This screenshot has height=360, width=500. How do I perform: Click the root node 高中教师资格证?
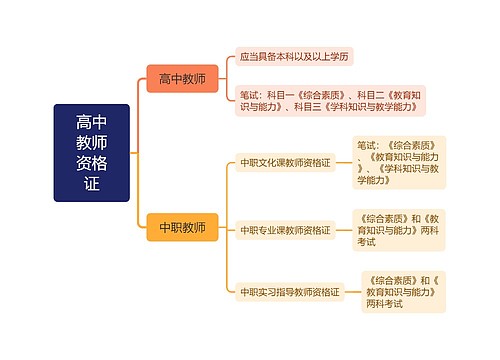[92, 152]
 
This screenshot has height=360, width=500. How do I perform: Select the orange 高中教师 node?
[181, 78]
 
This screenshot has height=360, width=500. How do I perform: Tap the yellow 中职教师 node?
[181, 227]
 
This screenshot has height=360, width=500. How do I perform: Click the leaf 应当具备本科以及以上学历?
[295, 57]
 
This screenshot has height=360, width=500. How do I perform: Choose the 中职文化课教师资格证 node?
[284, 161]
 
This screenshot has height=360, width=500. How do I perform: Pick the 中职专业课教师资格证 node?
[284, 229]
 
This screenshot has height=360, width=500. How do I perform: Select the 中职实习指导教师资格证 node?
[289, 292]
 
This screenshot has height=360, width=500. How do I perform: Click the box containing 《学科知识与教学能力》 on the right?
[399, 161]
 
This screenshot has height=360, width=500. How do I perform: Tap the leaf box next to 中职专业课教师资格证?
[399, 229]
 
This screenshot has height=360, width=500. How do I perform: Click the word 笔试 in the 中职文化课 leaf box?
[367, 143]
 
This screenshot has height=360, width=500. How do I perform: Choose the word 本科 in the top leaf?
[287, 57]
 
